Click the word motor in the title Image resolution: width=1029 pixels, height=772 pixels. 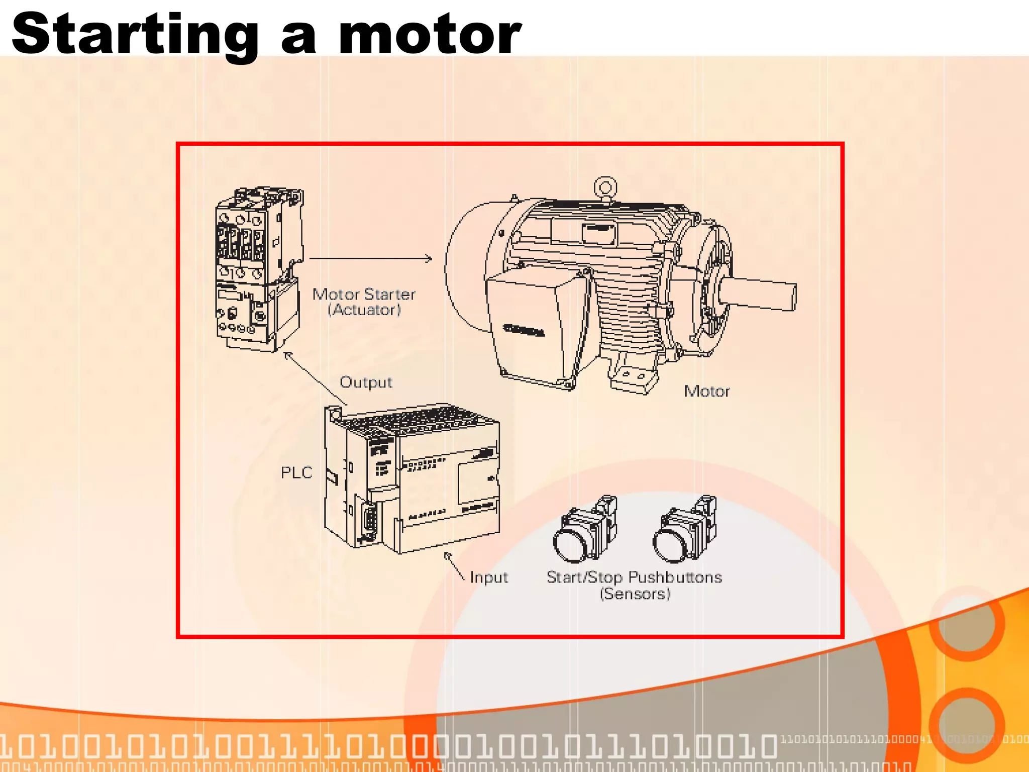(430, 34)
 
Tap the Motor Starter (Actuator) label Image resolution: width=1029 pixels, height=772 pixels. (364, 302)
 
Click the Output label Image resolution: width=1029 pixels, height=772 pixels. (366, 382)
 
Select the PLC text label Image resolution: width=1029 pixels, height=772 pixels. (296, 472)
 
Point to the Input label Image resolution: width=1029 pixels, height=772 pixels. (488, 577)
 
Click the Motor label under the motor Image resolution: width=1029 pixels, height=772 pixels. (706, 391)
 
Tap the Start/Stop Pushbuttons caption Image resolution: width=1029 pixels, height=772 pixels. (634, 577)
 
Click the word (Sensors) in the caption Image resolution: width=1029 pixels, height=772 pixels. (635, 594)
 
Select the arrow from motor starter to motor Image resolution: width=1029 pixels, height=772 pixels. (370, 258)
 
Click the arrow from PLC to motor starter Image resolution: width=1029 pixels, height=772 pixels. (316, 378)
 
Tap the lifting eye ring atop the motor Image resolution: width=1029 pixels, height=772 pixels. (605, 187)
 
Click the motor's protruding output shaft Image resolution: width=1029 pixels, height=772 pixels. (759, 295)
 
